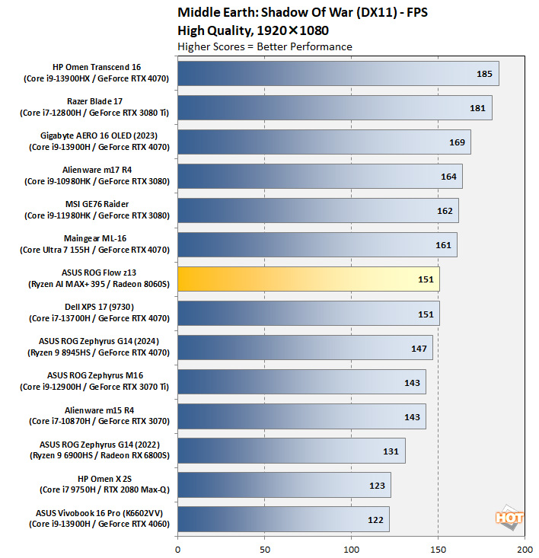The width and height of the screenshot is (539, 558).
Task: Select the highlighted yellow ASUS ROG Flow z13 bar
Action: (x=308, y=279)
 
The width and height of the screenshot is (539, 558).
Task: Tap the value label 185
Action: (x=484, y=74)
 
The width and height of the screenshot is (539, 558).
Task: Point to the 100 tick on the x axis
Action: (x=351, y=548)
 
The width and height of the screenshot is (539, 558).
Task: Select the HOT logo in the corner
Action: (x=509, y=518)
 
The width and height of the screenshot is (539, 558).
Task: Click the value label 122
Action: (x=375, y=519)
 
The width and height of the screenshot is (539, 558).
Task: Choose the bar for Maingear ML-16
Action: (x=317, y=245)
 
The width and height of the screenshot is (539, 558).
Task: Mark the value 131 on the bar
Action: (x=391, y=451)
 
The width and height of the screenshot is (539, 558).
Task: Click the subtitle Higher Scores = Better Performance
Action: (x=264, y=46)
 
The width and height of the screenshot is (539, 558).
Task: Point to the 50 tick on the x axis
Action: (x=264, y=548)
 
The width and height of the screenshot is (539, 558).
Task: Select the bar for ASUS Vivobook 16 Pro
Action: (x=283, y=519)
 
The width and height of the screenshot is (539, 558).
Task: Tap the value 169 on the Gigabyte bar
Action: (x=457, y=142)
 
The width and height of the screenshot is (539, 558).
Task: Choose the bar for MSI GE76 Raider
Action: (x=317, y=211)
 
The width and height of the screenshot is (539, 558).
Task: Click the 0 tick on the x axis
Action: (x=177, y=548)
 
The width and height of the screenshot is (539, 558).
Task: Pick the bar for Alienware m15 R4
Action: (x=301, y=416)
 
